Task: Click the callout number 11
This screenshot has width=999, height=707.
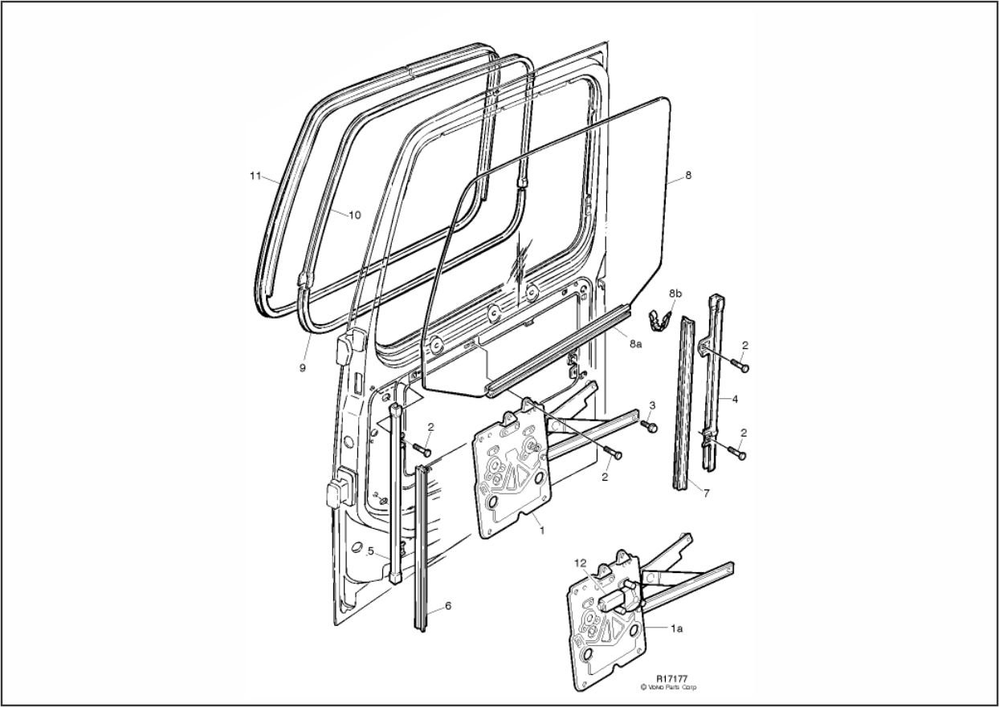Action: [255, 176]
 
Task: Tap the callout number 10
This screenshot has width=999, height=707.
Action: [354, 215]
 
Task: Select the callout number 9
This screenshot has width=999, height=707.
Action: [303, 368]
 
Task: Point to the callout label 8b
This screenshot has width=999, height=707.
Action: [675, 294]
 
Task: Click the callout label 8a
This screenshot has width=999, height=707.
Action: [636, 343]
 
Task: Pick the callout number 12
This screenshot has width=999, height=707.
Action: [581, 563]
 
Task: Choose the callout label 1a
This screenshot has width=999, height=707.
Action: [677, 628]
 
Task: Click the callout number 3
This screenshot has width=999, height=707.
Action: [652, 405]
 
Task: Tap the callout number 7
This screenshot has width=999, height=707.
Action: [706, 494]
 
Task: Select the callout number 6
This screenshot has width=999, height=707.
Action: [448, 606]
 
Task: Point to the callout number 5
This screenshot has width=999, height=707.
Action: [370, 551]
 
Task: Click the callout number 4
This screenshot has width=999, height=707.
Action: [735, 400]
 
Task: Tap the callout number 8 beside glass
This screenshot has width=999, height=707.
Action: [688, 176]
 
